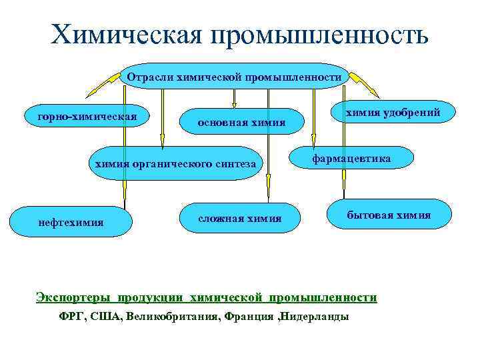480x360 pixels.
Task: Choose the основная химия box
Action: (241, 122)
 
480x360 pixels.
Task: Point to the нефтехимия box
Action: (71, 221)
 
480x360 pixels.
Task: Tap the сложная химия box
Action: (240, 218)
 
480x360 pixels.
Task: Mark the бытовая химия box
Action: (389, 215)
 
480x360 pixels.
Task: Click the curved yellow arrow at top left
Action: (107, 83)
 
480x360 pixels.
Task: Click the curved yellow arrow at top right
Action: (363, 83)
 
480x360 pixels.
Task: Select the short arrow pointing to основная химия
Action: (235, 98)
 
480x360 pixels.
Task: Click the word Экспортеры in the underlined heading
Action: (73, 297)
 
